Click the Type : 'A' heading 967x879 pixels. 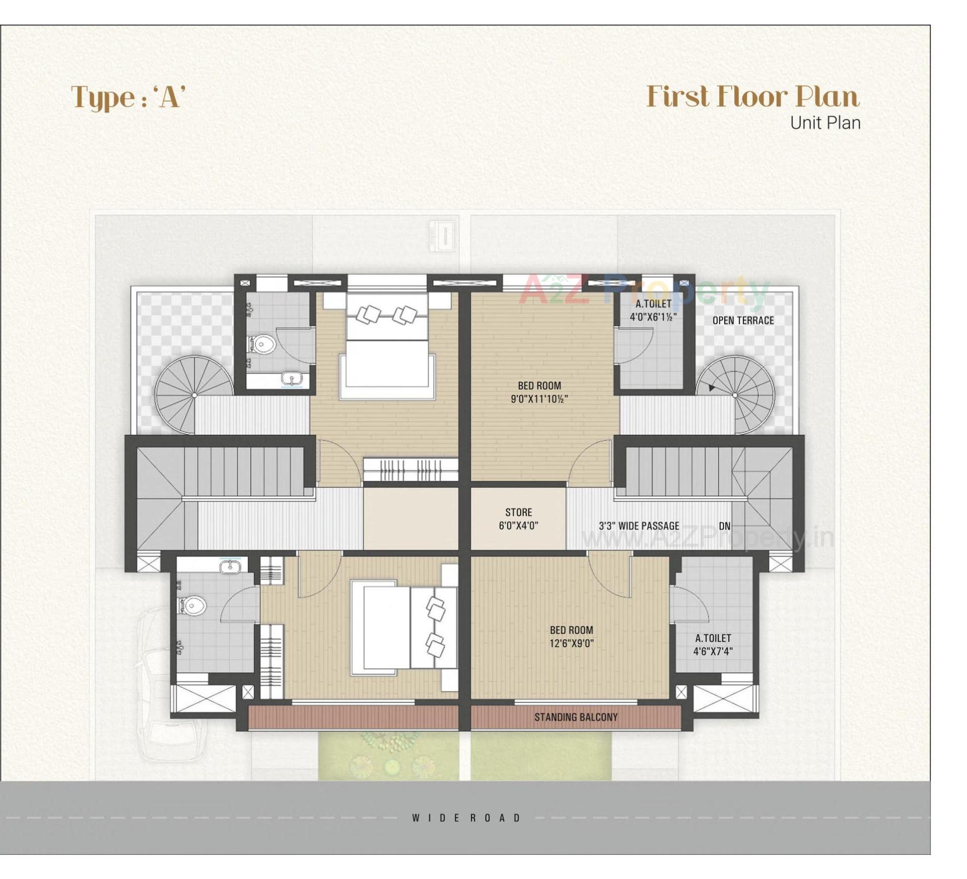pos(128,97)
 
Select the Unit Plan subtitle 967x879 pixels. pos(824,123)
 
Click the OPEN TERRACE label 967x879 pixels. pos(743,320)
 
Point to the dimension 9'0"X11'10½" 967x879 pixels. pos(539,399)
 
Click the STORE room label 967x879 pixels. pos(518,512)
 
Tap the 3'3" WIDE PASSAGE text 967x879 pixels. pos(639,526)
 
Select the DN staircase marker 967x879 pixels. pos(724,526)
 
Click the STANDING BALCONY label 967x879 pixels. pos(576,717)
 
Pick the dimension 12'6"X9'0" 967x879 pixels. pos(572,643)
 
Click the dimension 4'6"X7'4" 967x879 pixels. pos(713,651)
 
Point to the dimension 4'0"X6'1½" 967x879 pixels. pos(653,317)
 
